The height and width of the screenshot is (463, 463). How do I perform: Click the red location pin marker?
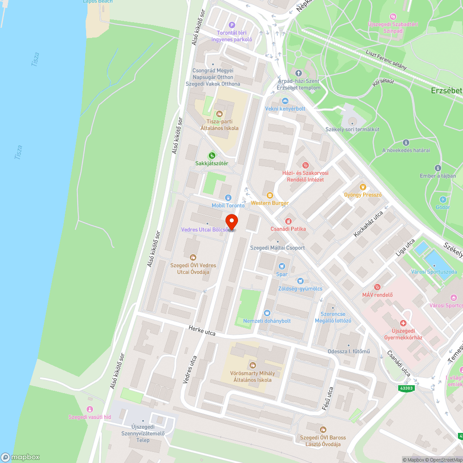click(231, 221)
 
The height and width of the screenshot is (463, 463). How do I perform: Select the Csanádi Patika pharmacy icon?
click(288, 221)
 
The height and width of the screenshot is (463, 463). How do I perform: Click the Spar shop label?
click(282, 274)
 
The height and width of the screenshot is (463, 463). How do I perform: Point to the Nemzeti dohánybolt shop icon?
click(267, 313)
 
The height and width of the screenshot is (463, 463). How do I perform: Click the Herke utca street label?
click(202, 331)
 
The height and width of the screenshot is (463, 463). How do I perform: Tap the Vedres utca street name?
click(190, 369)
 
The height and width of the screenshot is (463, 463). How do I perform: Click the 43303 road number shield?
click(406, 389)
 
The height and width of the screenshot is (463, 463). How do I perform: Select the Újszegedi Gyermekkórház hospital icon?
click(403, 323)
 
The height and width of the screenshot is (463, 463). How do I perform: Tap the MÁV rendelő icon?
click(377, 288)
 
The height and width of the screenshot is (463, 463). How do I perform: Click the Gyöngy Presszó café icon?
click(363, 187)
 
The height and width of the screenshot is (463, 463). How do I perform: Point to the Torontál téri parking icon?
click(232, 25)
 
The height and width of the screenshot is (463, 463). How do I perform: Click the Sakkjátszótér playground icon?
click(212, 156)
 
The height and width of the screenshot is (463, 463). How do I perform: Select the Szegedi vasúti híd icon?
click(90, 409)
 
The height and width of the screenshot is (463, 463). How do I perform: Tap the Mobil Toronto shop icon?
click(228, 198)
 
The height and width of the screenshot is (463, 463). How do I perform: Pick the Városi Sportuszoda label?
click(434, 272)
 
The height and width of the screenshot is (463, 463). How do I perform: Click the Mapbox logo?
click(20, 457)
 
